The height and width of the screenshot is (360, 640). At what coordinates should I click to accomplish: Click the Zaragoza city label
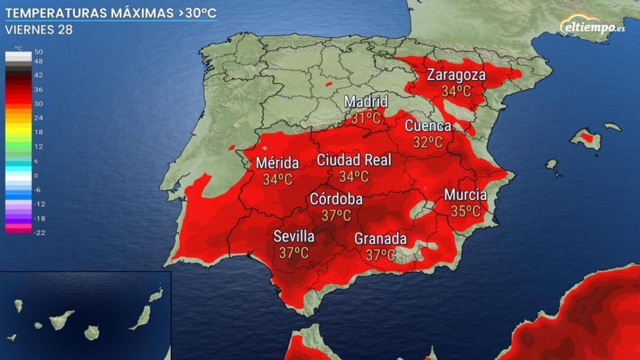[x=456, y=75]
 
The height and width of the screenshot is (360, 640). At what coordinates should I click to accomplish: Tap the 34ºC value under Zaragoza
[x=456, y=91]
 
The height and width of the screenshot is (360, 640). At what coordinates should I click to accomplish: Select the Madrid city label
[x=366, y=101]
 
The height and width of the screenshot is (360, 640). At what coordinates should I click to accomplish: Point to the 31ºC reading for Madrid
[x=366, y=118]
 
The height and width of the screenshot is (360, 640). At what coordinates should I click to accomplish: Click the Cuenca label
[x=428, y=126]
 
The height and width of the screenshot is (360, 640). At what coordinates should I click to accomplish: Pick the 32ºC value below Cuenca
[x=428, y=142]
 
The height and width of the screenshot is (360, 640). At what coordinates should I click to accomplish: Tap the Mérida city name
[x=277, y=163]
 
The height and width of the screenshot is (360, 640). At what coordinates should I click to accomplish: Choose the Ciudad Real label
[x=354, y=160]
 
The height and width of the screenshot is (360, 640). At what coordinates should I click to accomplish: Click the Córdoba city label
[x=337, y=199]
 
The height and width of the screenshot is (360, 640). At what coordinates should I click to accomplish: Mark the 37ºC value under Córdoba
[x=337, y=215]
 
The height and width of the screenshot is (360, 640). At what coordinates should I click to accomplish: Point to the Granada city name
[x=381, y=239]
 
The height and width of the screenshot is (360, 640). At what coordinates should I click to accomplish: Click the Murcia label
[x=466, y=195]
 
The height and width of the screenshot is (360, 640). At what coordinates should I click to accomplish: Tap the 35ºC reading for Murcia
[x=466, y=211]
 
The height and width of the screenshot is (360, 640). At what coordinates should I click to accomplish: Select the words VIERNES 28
[x=39, y=30]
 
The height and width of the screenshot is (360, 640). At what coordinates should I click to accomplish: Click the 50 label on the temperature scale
[x=38, y=52]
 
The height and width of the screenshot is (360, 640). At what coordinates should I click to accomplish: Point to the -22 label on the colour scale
[x=39, y=233]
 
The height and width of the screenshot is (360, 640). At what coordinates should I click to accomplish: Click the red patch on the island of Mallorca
[x=587, y=138]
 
